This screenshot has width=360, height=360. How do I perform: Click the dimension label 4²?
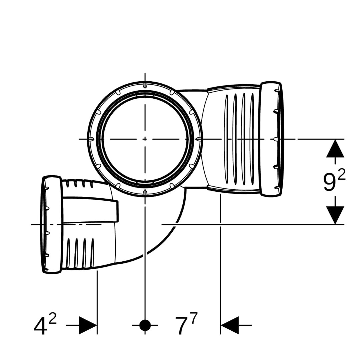(x=45, y=324)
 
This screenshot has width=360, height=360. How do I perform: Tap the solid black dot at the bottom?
(x=145, y=325)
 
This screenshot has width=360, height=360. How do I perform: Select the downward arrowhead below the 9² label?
(x=335, y=215)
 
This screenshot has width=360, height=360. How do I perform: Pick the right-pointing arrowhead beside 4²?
(x=88, y=325)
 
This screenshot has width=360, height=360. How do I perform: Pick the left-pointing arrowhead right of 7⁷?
(x=230, y=325)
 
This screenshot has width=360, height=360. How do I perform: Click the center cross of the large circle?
(x=145, y=139)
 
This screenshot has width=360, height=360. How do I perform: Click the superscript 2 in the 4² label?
(x=53, y=319)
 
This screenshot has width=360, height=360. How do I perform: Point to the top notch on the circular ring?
(x=145, y=85)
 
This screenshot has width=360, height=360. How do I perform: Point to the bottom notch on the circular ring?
(x=145, y=193)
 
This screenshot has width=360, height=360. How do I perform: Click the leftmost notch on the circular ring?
(x=91, y=139)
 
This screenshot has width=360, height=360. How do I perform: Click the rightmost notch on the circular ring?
(x=199, y=139)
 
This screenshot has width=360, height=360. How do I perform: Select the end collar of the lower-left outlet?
(x=52, y=225)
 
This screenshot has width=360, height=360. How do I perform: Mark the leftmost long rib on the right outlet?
(x=227, y=139)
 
